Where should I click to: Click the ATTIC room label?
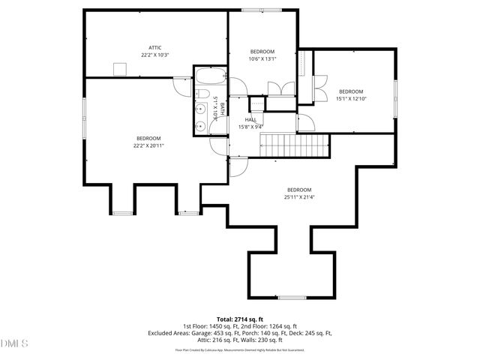(x=155, y=47)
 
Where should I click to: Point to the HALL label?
(x=251, y=119)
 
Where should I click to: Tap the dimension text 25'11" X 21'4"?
(x=298, y=197)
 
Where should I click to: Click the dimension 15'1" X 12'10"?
(x=350, y=98)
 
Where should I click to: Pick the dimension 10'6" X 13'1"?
(x=263, y=58)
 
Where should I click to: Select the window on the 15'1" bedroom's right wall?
(x=395, y=97)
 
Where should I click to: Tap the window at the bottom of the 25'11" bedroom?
(x=292, y=298)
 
